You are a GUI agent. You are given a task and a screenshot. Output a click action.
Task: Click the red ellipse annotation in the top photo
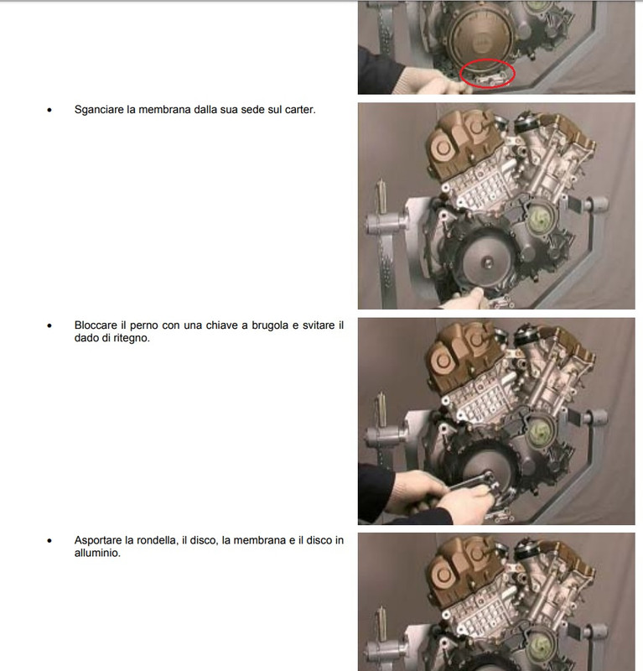[x=488, y=60]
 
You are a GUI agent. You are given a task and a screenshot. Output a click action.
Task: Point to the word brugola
[x=271, y=325]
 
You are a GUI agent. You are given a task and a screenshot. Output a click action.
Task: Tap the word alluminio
[x=97, y=553]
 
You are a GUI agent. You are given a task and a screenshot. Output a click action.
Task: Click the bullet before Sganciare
[x=49, y=111]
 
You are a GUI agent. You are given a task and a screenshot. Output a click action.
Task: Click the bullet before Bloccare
[x=49, y=326]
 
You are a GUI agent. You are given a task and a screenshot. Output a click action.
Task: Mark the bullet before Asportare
[x=49, y=541]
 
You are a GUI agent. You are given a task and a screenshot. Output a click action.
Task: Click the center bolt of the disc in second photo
[x=486, y=263]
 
